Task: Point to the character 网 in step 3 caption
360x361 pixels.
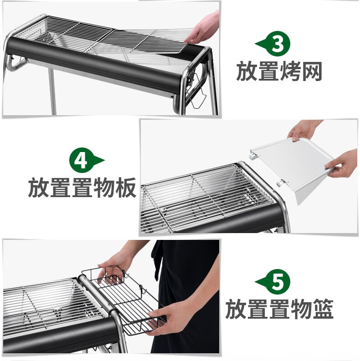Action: tap(311, 71)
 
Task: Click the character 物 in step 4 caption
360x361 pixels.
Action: tap(104, 188)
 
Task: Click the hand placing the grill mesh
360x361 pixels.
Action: tap(203, 29)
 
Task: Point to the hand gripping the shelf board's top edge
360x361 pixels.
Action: tap(303, 130)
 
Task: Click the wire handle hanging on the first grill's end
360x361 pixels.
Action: tap(196, 91)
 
